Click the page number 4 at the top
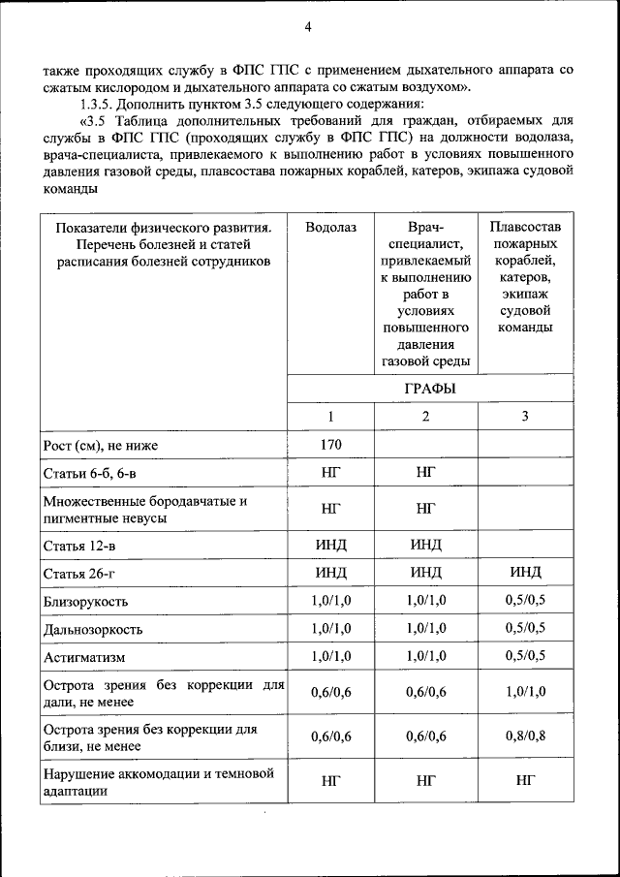pyautogui.click(x=307, y=27)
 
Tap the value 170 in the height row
pyautogui.click(x=330, y=446)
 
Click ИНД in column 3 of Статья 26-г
pyautogui.click(x=524, y=572)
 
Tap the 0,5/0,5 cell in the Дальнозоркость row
pyautogui.click(x=524, y=629)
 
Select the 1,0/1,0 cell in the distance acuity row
pyautogui.click(x=524, y=692)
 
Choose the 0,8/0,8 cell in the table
pyautogui.click(x=524, y=736)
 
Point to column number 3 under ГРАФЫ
pyautogui.click(x=524, y=417)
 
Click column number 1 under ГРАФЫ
pyautogui.click(x=330, y=417)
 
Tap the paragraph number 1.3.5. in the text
pyautogui.click(x=100, y=105)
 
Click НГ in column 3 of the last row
pyautogui.click(x=524, y=781)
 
